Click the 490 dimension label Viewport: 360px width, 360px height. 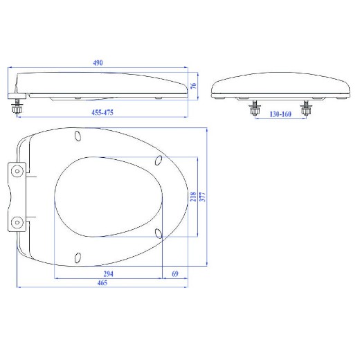tap(98, 63)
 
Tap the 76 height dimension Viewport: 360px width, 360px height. tap(193, 85)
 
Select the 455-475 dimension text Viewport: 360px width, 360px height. tap(102, 113)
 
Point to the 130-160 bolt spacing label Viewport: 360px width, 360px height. tap(280, 114)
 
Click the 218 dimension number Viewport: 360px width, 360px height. tap(193, 197)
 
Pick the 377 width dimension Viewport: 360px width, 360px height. tap(202, 197)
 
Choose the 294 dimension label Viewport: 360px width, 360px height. tap(108, 274)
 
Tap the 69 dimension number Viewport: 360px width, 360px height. tap(175, 274)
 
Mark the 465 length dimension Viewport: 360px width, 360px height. tap(102, 282)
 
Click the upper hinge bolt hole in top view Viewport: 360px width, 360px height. tap(17, 171)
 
